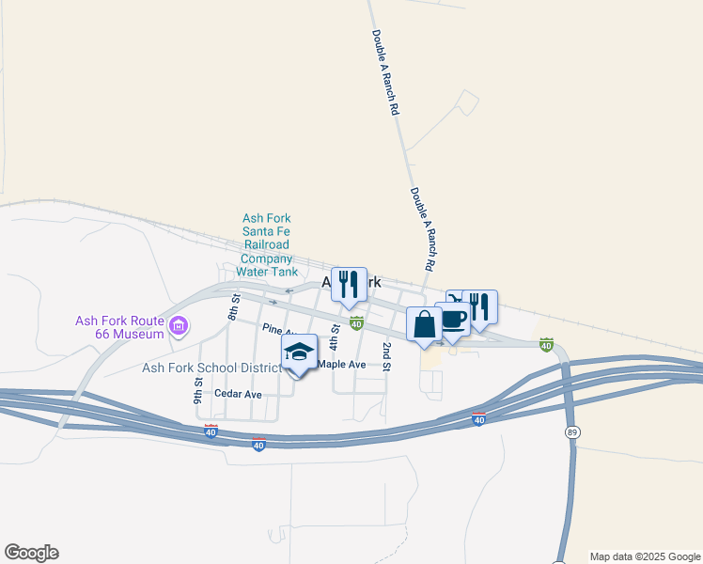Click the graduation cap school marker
(x=300, y=352)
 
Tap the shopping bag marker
(x=424, y=323)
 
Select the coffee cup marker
(x=453, y=319)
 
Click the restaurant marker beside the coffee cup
(x=479, y=306)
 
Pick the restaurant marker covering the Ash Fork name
(x=349, y=285)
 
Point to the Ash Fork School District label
(x=211, y=368)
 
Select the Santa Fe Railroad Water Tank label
(x=267, y=244)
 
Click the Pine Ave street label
(x=279, y=329)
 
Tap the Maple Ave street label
(x=342, y=364)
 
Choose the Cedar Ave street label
(x=238, y=394)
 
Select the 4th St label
(x=335, y=336)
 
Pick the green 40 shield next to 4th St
(x=356, y=323)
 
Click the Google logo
(x=31, y=553)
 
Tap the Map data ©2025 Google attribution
(x=645, y=556)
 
